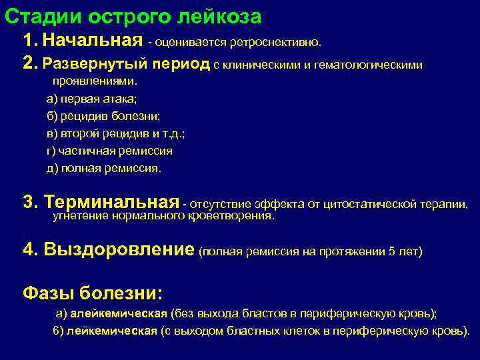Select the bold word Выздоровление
pos(118,250)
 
